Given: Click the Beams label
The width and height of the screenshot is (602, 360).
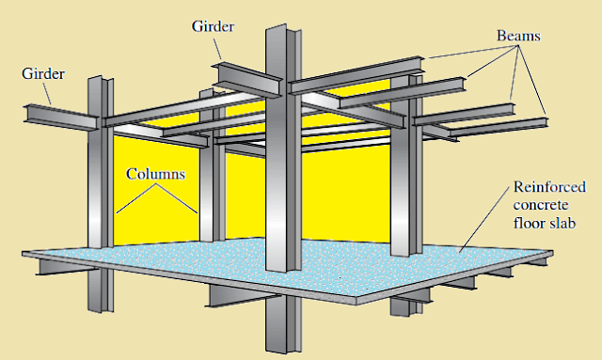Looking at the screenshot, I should click(521, 35).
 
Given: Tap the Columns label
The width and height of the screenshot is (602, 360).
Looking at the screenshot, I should click(156, 176).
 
